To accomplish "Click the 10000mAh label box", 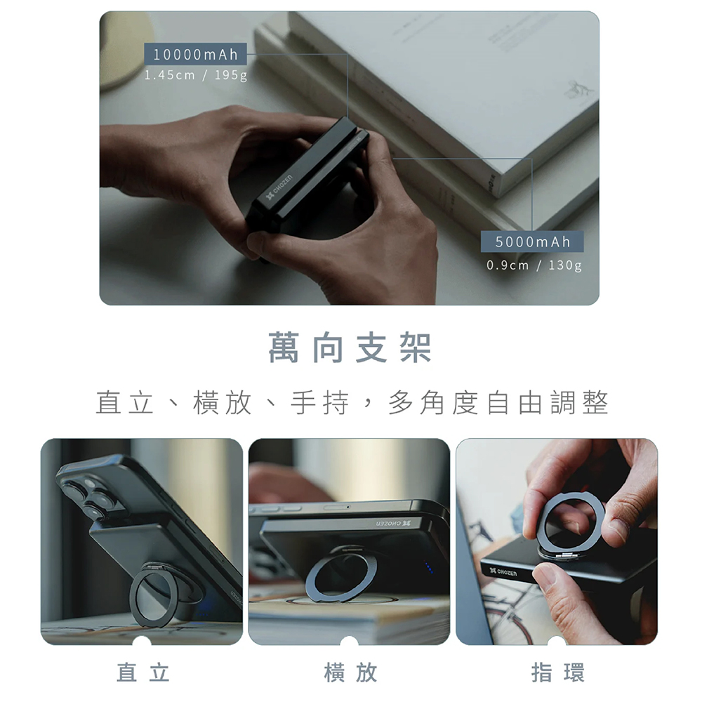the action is (x=195, y=54).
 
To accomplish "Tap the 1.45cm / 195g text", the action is (x=196, y=75).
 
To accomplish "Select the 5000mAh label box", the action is (x=532, y=241).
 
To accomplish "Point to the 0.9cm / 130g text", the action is (x=534, y=265).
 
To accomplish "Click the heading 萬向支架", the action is (x=350, y=347).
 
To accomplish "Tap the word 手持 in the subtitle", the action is (x=319, y=403).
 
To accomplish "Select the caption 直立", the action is (x=143, y=673).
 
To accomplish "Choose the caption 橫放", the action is (x=350, y=673).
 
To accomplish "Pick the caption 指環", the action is (x=558, y=673).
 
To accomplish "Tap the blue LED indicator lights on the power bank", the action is (x=430, y=568).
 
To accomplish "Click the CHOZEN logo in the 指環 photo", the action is (x=503, y=571).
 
